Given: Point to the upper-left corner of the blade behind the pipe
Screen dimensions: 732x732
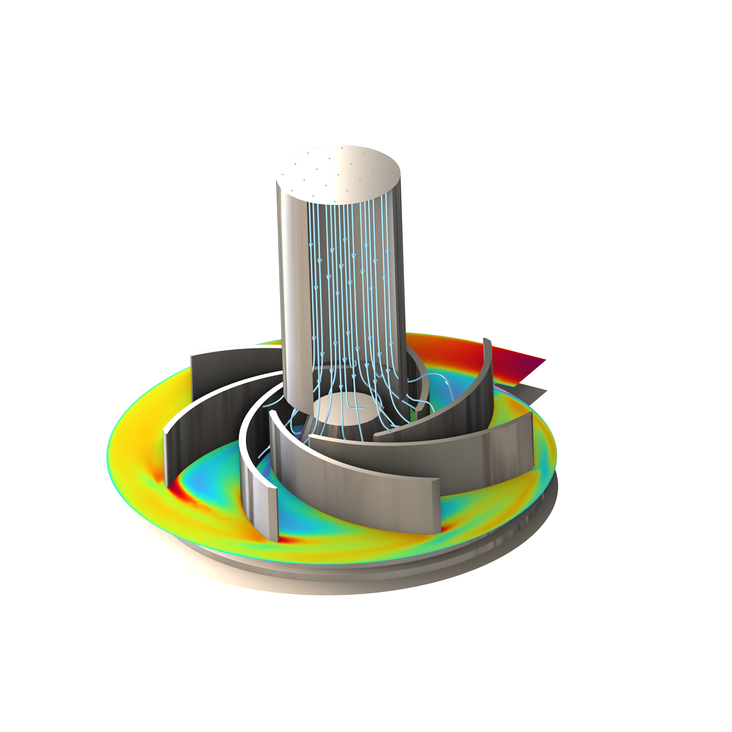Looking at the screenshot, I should pyautogui.click(x=193, y=354).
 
